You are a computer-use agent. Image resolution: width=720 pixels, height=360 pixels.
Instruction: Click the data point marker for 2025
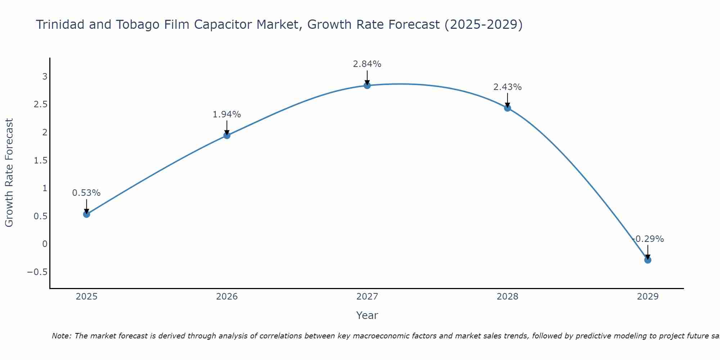86,214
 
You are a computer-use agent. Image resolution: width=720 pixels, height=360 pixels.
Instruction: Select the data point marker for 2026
227,135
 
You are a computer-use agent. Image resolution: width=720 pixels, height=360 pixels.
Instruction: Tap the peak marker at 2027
367,85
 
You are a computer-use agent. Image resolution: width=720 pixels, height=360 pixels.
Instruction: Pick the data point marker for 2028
508,108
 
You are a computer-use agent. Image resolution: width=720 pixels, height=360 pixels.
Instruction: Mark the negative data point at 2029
648,260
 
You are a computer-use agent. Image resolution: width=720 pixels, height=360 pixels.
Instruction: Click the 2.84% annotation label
367,64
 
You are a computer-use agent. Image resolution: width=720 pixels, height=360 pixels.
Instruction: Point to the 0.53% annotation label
86,193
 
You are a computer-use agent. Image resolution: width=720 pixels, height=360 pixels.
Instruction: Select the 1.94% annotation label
227,114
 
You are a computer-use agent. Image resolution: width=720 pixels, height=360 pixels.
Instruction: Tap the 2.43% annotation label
508,87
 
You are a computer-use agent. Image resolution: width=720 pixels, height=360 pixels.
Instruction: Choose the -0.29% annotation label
648,239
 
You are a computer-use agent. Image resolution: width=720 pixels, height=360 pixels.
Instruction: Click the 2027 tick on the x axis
367,297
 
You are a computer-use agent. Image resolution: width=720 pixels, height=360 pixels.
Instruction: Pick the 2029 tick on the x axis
648,297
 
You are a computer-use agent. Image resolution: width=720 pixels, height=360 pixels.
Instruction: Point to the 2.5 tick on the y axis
41,104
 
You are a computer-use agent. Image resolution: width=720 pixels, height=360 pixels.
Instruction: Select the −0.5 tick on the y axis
37,272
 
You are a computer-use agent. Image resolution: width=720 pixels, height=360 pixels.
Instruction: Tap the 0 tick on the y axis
45,244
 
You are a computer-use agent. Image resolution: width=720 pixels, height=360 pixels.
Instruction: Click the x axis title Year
367,315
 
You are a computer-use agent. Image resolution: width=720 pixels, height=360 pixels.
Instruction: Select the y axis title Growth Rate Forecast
9,173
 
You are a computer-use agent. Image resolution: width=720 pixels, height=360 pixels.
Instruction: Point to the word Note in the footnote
61,336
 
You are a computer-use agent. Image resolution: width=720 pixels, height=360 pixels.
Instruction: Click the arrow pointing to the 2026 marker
227,127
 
